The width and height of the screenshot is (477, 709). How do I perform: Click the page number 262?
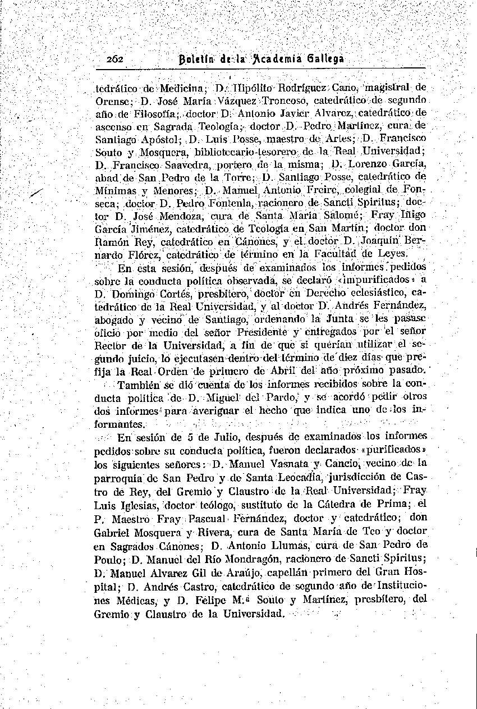click(x=118, y=60)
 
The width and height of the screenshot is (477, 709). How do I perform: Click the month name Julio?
click(x=226, y=437)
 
